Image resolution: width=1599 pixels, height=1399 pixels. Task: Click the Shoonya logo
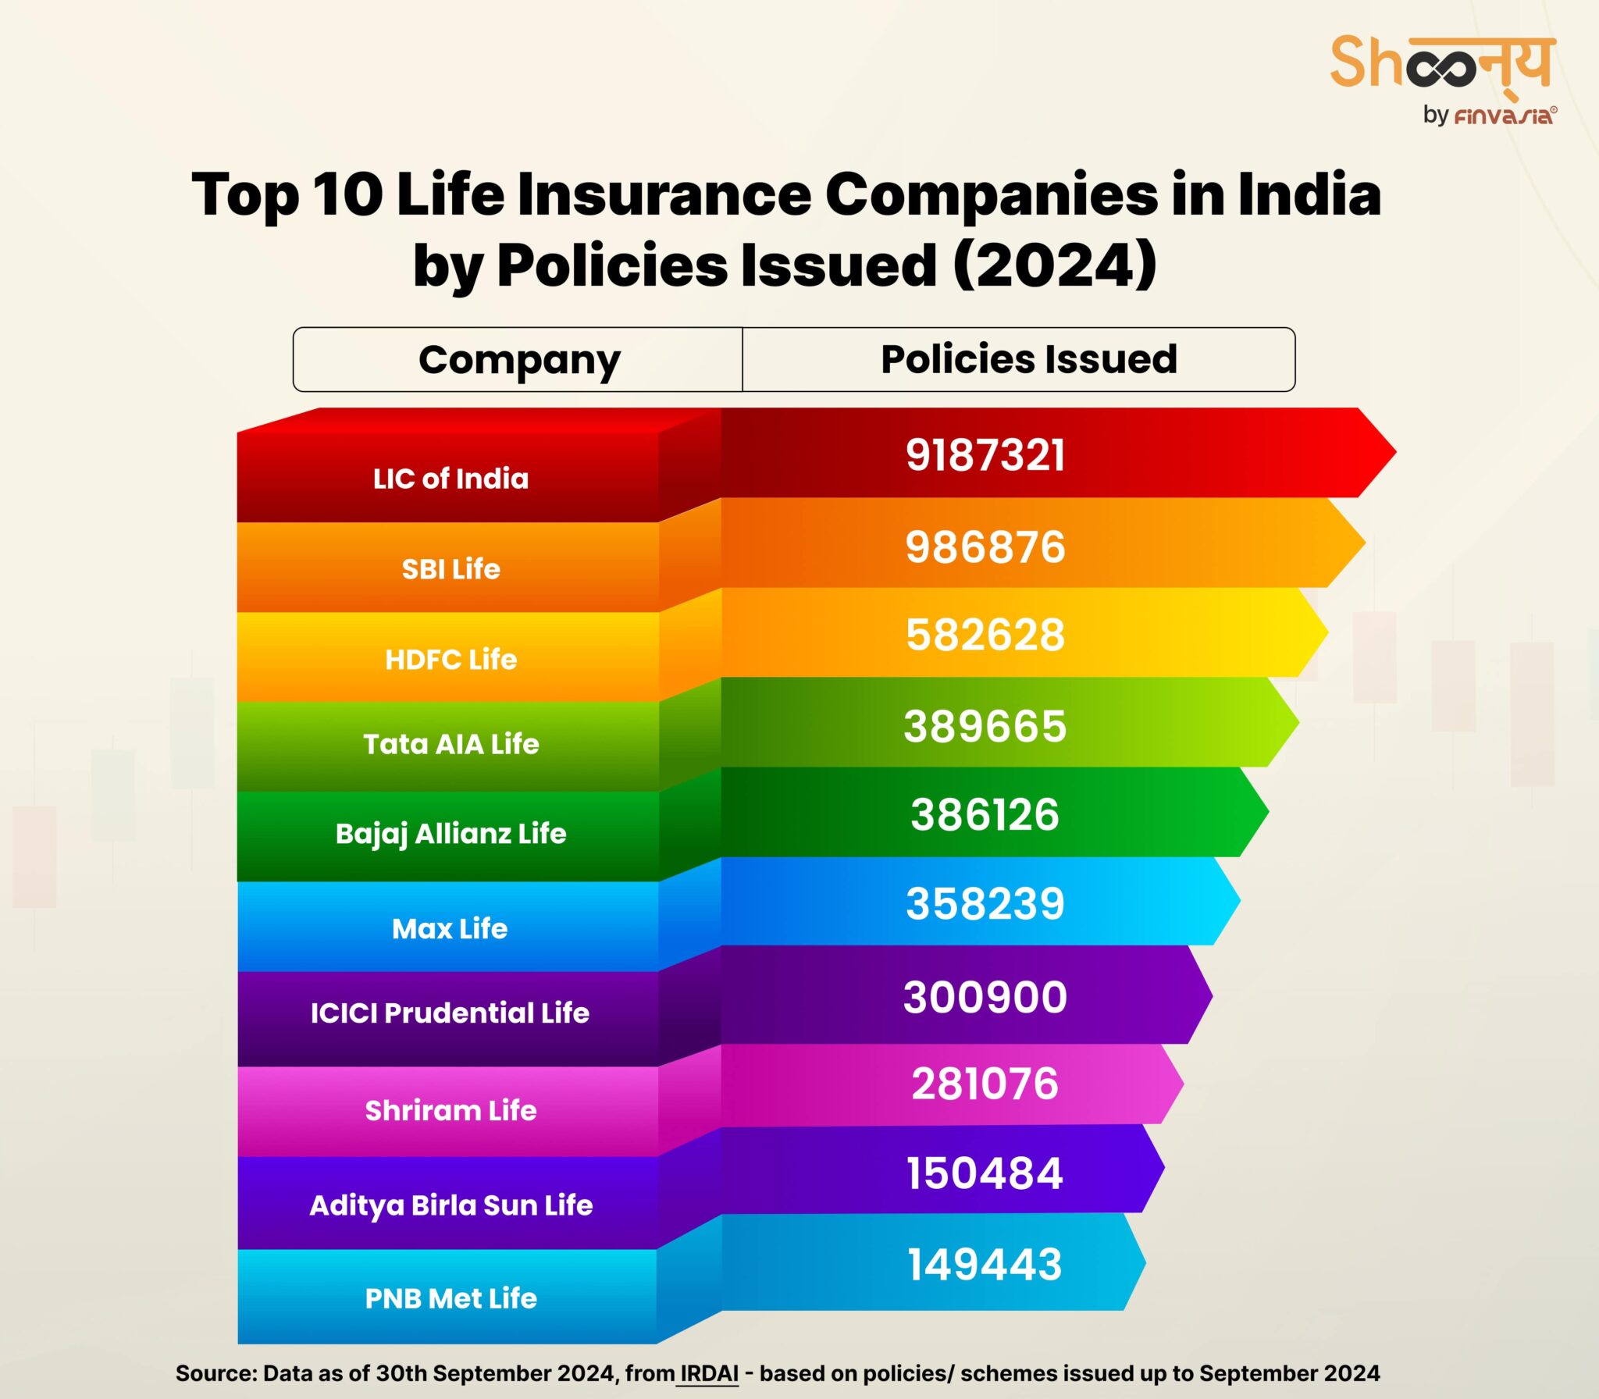click(x=1442, y=64)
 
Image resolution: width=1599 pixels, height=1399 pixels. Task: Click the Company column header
click(x=519, y=360)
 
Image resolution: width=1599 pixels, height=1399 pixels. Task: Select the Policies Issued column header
click(x=1028, y=360)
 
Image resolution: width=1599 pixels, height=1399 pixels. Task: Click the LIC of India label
click(x=450, y=479)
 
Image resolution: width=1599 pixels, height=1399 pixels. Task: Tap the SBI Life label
click(x=450, y=569)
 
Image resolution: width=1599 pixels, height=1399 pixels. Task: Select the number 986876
click(x=985, y=546)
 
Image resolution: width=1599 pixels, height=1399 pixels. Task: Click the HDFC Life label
click(x=450, y=660)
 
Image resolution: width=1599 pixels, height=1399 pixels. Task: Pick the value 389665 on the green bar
click(x=985, y=726)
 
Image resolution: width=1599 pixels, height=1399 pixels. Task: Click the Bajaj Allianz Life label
click(x=450, y=834)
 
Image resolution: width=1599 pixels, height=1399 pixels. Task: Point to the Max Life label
click(x=450, y=929)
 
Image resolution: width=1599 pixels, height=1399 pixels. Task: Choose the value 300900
click(x=985, y=997)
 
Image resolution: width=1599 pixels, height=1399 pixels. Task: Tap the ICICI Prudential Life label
click(x=450, y=1013)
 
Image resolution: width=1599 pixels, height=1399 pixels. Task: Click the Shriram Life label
click(x=450, y=1110)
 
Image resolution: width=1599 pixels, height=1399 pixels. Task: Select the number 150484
click(x=985, y=1173)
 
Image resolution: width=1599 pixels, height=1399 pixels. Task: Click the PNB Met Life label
click(x=450, y=1298)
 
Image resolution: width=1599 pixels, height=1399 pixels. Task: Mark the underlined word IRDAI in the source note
click(x=708, y=1373)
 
